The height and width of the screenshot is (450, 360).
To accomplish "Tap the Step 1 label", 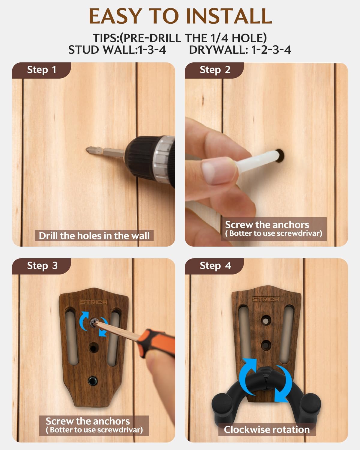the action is [42, 70].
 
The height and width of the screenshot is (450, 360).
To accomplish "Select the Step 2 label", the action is [215, 70].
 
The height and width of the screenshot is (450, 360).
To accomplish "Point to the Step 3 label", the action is [42, 266].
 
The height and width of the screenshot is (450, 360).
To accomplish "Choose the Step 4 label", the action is [215, 266].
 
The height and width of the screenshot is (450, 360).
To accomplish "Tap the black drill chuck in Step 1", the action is [142, 158].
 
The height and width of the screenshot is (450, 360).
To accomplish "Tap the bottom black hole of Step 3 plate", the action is [93, 381].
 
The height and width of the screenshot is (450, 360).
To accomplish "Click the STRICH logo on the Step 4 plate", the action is [266, 299].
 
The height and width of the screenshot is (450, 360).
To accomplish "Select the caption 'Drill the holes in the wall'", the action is [94, 236].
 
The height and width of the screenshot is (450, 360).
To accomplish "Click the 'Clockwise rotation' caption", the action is [267, 430].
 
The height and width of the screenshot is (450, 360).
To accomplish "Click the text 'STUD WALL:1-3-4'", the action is [117, 50].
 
